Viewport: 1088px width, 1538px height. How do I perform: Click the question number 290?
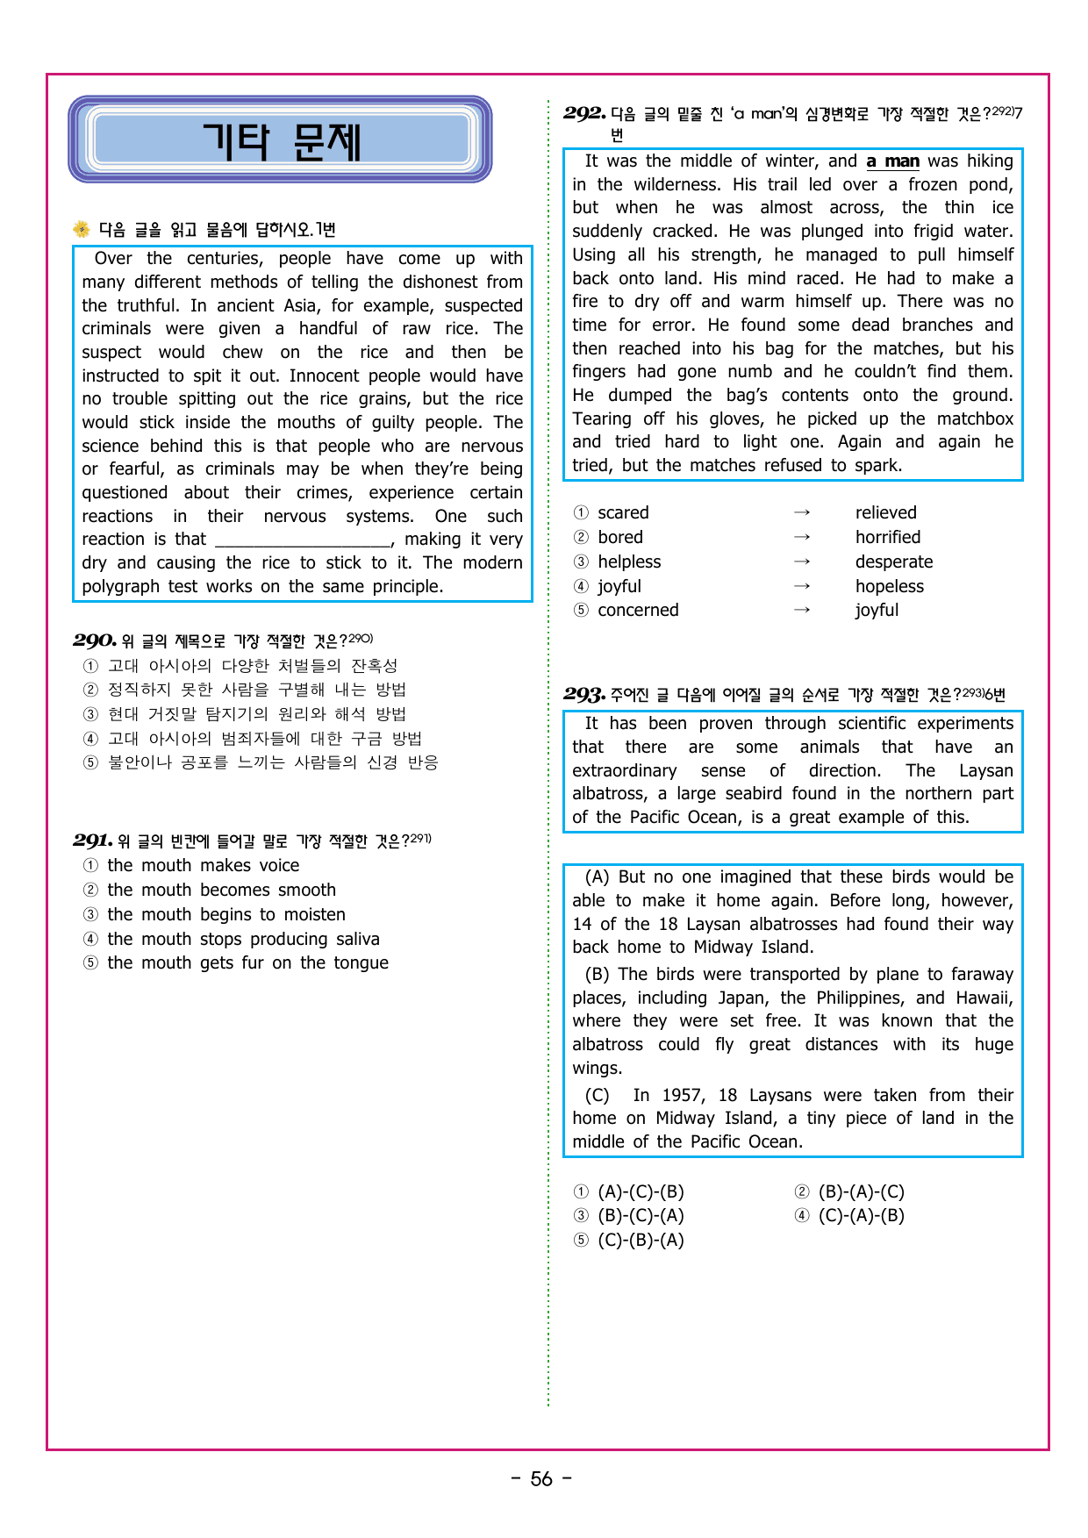(x=95, y=640)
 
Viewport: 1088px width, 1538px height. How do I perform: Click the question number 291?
(x=93, y=841)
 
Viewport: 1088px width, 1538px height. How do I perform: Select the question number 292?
(x=584, y=113)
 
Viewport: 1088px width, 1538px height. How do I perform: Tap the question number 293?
(x=584, y=695)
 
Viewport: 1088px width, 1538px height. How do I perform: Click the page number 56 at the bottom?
(x=541, y=1479)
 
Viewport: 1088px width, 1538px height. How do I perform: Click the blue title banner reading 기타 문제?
(x=280, y=140)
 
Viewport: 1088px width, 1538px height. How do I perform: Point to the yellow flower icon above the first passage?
(x=82, y=230)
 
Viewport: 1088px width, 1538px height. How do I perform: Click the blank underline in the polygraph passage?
(x=303, y=540)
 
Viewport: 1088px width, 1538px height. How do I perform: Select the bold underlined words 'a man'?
(x=892, y=161)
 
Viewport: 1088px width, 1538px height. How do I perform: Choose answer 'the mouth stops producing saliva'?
(x=243, y=939)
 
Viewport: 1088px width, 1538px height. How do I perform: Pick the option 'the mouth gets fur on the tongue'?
(x=247, y=963)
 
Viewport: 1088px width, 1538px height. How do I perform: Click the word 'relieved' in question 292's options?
(x=885, y=513)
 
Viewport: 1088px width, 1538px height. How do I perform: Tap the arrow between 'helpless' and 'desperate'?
(x=801, y=562)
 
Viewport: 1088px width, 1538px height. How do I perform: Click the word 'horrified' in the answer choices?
(x=888, y=537)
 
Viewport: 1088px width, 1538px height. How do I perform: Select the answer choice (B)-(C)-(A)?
(x=641, y=1216)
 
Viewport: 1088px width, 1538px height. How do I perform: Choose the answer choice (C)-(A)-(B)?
(x=861, y=1216)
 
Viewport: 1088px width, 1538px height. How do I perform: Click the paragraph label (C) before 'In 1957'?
(x=597, y=1096)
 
